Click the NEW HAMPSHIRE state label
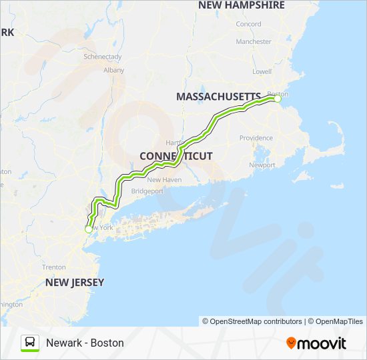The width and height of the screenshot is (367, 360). [241, 5]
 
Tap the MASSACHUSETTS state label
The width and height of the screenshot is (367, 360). [218, 97]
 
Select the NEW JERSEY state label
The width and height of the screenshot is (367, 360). [75, 282]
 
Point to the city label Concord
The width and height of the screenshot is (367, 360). [248, 25]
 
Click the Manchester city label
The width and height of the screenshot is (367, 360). [254, 41]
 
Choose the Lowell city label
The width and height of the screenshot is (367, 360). [262, 71]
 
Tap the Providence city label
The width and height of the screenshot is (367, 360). [256, 138]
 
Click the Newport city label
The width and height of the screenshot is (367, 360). [261, 165]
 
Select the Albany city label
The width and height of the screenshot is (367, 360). [114, 69]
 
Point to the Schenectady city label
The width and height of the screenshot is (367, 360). [103, 57]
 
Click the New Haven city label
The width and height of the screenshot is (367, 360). [164, 180]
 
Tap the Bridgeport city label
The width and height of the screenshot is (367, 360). [147, 191]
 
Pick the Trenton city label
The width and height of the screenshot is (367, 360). [54, 267]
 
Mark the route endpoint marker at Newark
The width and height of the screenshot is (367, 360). [88, 229]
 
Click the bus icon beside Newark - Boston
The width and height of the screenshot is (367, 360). [30, 343]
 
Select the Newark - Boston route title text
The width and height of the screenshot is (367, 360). [85, 343]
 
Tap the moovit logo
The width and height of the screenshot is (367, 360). [316, 343]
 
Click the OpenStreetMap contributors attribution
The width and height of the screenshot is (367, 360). [252, 321]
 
